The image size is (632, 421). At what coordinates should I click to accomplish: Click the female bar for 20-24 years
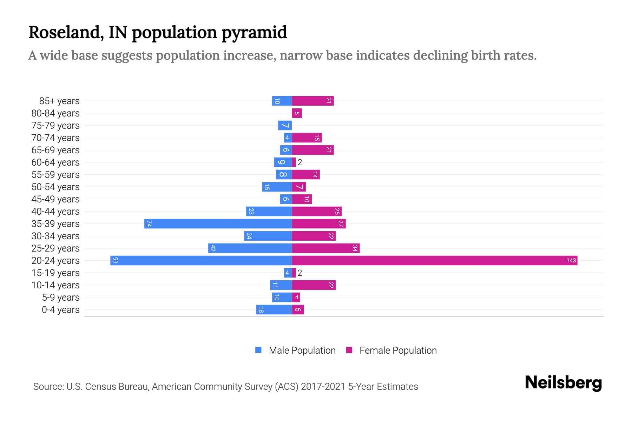coord(435,260)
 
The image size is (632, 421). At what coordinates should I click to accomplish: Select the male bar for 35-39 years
coord(218,223)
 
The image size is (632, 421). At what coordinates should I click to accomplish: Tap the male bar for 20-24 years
coord(201,260)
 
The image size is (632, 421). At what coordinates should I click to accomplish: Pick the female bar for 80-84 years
coord(297,113)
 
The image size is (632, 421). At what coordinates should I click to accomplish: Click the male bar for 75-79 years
coord(285,125)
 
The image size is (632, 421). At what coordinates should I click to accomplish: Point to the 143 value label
coord(571,260)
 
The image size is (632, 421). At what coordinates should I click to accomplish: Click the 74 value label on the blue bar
coord(149,223)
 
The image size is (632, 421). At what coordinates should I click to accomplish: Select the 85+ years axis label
coord(59,101)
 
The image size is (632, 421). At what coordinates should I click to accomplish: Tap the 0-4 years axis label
coord(60,310)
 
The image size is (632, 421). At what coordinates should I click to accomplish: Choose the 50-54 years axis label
coord(55,187)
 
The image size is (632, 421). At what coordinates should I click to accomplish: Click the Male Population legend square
coord(258,350)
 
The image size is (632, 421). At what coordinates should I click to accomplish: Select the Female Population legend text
coord(398,350)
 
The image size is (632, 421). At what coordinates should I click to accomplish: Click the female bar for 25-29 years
coord(326,248)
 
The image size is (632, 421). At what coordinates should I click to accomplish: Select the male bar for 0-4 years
coord(274,309)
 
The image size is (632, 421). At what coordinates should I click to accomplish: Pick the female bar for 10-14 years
coord(314,285)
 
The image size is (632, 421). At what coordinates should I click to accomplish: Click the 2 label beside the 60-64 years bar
coord(300,162)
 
